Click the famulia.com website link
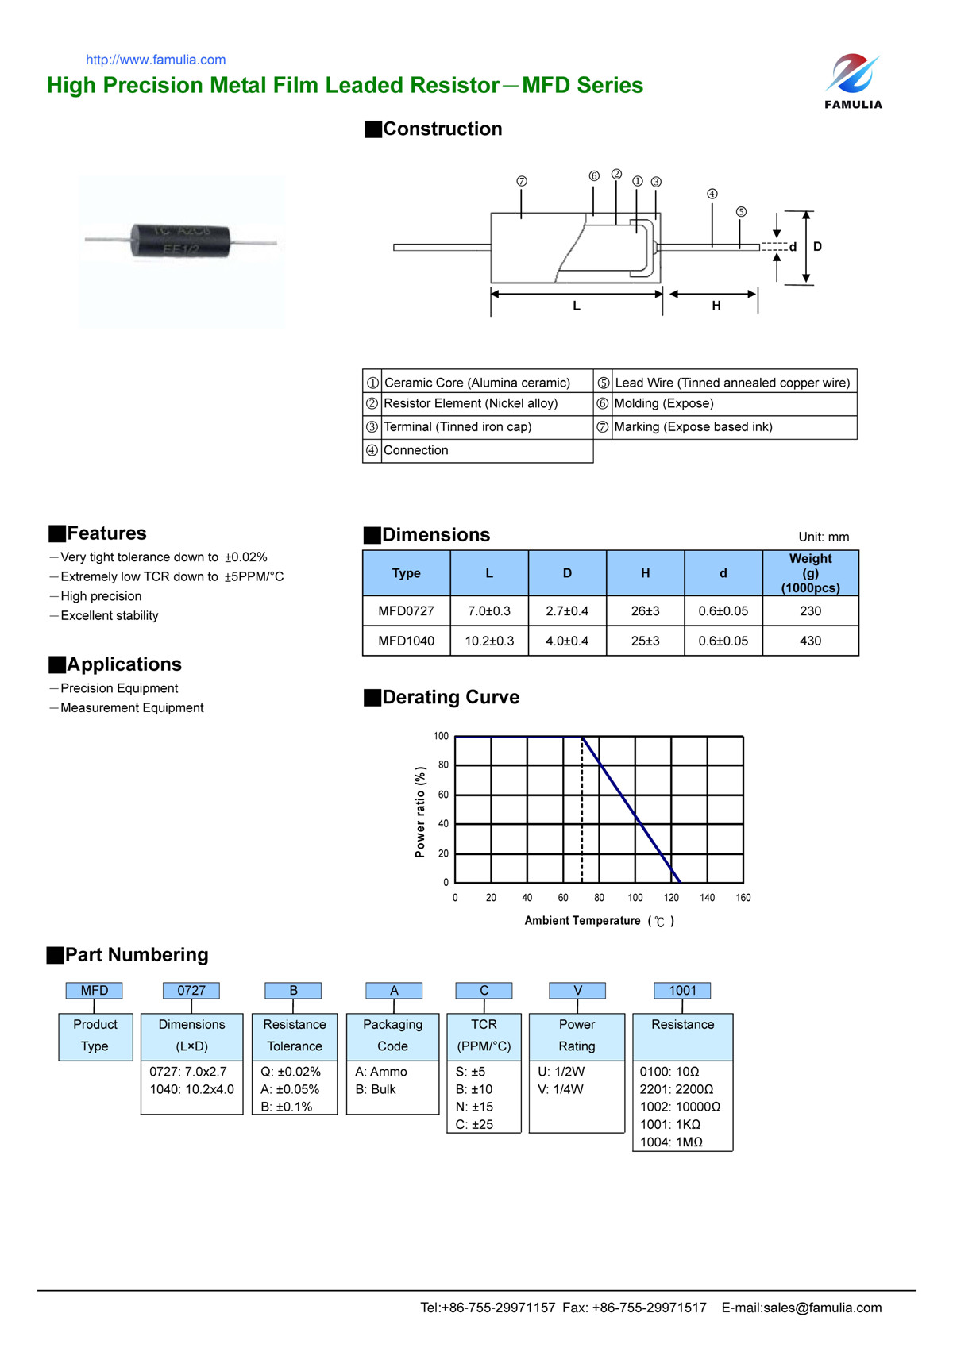[156, 60]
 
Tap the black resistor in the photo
[181, 241]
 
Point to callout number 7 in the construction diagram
[522, 181]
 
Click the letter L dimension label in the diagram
[577, 306]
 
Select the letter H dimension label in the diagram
[716, 306]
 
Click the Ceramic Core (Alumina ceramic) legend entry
[476, 383]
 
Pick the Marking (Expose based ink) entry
[693, 427]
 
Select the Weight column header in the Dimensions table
[810, 572]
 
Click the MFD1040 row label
[406, 641]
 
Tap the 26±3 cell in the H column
[645, 610]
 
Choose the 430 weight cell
[810, 641]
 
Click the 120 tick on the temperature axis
[671, 898]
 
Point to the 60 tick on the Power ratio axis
[443, 795]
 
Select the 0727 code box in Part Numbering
[191, 990]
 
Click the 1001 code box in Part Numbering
[682, 990]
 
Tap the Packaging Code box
[392, 1035]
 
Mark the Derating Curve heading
[450, 697]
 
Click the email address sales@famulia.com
[822, 1308]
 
